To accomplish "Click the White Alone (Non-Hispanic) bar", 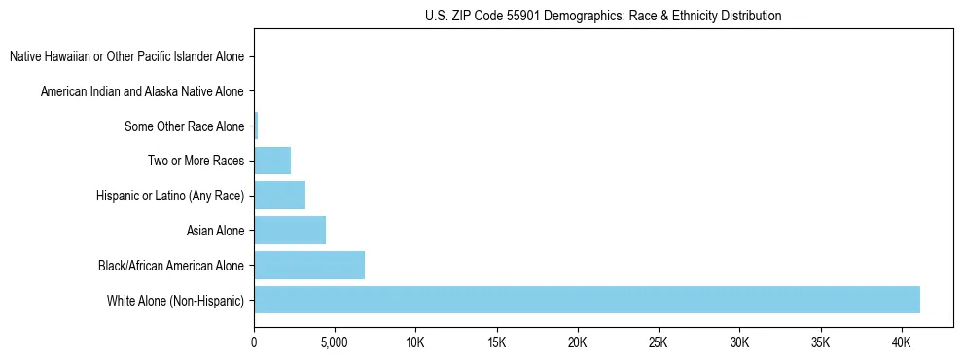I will tap(587, 300).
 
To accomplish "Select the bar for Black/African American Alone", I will tap(309, 265).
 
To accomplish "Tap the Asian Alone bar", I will tap(290, 231).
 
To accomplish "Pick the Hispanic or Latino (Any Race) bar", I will tap(279, 196).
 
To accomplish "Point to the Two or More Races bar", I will tap(272, 161).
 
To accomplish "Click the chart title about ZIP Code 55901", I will tap(603, 16).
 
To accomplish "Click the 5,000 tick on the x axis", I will tap(335, 342).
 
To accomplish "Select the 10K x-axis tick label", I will tap(415, 342).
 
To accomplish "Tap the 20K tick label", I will tap(578, 342).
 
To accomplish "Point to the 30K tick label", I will tap(739, 342).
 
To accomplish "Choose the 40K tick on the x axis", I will tap(901, 342).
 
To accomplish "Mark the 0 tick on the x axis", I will tap(254, 342).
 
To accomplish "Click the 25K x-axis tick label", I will tap(659, 342).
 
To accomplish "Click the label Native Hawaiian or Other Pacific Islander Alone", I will tap(126, 56).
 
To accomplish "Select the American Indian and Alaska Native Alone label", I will tap(142, 91).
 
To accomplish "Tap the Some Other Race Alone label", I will tap(185, 126).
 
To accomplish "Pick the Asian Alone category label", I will tap(215, 231).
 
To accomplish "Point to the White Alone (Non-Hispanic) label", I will tap(176, 300).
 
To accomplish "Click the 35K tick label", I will tap(820, 342).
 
